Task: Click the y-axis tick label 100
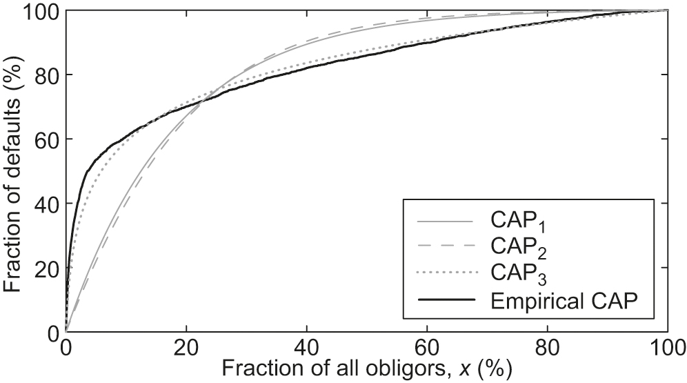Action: (40, 12)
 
